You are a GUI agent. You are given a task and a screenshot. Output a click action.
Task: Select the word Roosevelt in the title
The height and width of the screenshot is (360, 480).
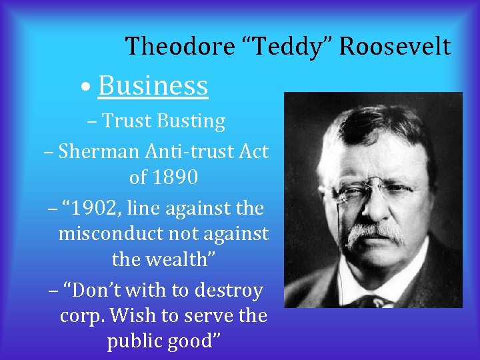click(395, 47)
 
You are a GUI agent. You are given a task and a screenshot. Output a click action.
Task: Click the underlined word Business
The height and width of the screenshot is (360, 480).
click(153, 86)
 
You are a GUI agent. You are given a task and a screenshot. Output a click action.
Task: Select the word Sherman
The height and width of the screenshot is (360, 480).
click(97, 151)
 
